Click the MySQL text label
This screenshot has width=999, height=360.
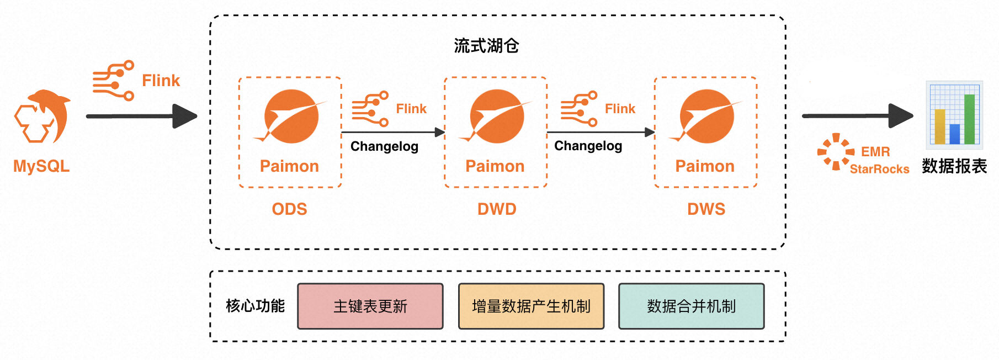(x=41, y=166)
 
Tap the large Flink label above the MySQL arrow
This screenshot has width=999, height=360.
(x=161, y=81)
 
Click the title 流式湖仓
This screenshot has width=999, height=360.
(x=486, y=46)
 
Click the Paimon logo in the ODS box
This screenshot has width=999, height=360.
(x=291, y=117)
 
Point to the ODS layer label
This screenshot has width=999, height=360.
(x=289, y=209)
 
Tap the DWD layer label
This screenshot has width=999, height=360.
(x=497, y=209)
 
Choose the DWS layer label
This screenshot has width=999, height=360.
(x=706, y=209)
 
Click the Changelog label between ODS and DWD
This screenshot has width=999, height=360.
(x=384, y=146)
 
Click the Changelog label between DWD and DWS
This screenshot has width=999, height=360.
(x=588, y=146)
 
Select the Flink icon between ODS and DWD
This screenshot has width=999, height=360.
(x=370, y=109)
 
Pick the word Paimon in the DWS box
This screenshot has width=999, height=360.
(x=705, y=166)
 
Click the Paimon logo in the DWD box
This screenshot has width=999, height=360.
(x=497, y=117)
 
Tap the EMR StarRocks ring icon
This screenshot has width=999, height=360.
(x=836, y=151)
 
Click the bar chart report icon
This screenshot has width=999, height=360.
(x=954, y=115)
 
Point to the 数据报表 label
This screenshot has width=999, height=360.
(x=954, y=166)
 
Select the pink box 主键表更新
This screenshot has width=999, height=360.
(x=370, y=306)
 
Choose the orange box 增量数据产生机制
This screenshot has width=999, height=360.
(x=531, y=306)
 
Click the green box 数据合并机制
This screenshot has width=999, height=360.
(x=691, y=306)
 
